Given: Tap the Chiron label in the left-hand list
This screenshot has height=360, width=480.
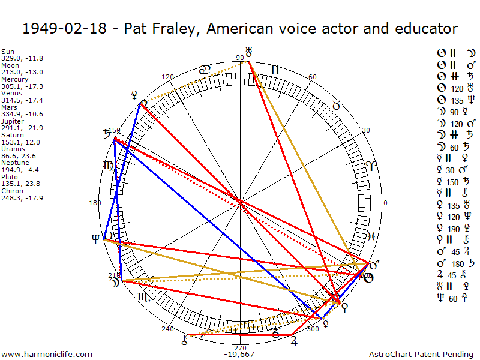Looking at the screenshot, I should click(12, 190).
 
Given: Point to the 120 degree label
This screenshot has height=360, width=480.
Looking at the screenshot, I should click(167, 77).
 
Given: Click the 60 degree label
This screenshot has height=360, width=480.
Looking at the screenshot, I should click(312, 77).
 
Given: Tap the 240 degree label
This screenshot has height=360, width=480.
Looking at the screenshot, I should click(167, 329).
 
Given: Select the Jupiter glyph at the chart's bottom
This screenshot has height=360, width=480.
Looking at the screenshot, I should click(293, 341).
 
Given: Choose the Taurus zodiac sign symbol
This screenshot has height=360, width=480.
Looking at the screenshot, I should click(337, 106).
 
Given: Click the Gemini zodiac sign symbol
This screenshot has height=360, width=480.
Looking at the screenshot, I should click(274, 70).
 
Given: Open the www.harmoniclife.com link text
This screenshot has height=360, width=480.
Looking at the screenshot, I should click(47, 354).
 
